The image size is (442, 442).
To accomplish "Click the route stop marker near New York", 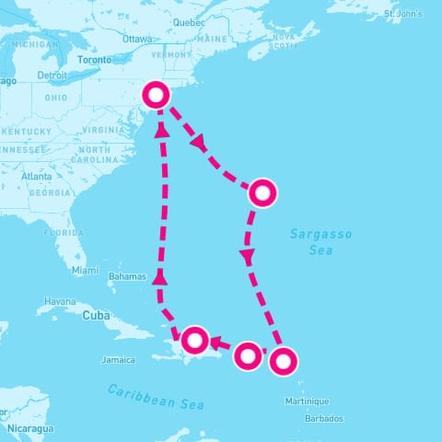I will click(x=157, y=95).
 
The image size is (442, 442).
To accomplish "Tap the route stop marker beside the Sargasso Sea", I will click(x=262, y=192).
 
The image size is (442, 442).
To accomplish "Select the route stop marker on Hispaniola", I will click(x=195, y=340).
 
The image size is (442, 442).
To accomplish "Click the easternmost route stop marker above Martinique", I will click(x=283, y=361).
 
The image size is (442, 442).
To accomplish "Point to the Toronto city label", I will click(x=94, y=60).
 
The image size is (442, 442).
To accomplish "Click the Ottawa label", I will click(x=136, y=39).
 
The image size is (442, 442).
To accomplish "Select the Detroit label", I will click(x=52, y=75).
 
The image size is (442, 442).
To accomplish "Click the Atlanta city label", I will click(x=37, y=176).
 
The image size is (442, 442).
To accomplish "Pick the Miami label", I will click(x=85, y=270).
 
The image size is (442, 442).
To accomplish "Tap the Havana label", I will click(x=61, y=301).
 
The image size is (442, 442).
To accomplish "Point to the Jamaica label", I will click(x=119, y=359).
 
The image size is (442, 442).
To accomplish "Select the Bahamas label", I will click(x=127, y=276).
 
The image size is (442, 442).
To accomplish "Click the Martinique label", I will click(x=307, y=401).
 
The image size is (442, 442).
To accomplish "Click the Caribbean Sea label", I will click(x=155, y=397).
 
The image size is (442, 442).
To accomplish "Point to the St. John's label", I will click(x=403, y=14).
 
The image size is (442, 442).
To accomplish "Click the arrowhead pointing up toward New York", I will click(x=162, y=130).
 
